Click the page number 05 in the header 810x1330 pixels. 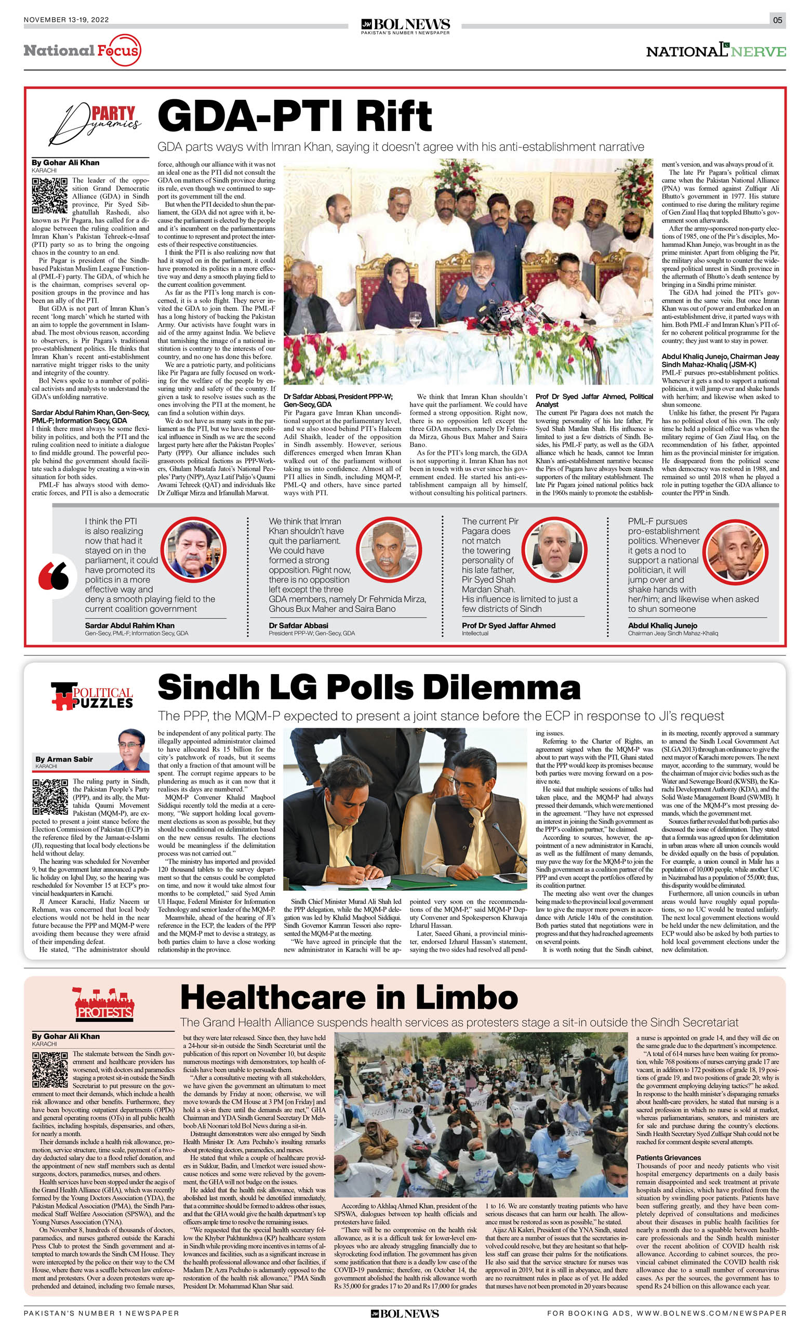click(777, 20)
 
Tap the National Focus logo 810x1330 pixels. click(82, 50)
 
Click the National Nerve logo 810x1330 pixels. click(715, 50)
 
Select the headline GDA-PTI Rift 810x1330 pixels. click(295, 115)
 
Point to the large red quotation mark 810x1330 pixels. click(54, 576)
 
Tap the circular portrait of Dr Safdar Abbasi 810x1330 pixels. click(388, 550)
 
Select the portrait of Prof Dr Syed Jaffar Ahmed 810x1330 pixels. click(554, 550)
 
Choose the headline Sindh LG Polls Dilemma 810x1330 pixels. click(368, 688)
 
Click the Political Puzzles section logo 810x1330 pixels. click(92, 696)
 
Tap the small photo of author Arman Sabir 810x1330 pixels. click(131, 749)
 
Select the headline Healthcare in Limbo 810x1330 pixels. click(349, 997)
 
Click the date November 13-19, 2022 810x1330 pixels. click(67, 20)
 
